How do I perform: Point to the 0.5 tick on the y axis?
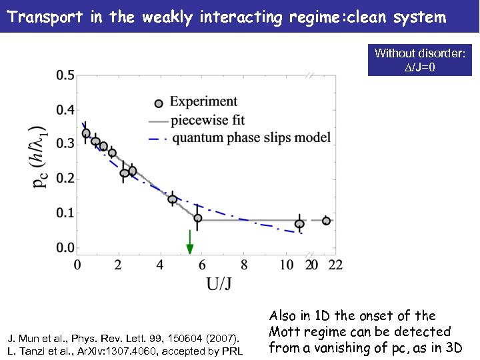(65, 75)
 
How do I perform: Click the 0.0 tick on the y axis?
(65, 249)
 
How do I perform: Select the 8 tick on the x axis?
(244, 265)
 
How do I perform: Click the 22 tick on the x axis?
(336, 265)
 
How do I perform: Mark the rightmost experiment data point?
(326, 221)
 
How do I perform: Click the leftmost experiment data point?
(86, 133)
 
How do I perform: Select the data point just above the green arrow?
(198, 218)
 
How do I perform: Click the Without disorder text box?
(420, 60)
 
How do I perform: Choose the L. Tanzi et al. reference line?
(125, 351)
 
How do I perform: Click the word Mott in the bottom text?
(287, 332)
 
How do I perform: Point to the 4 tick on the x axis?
(161, 265)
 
